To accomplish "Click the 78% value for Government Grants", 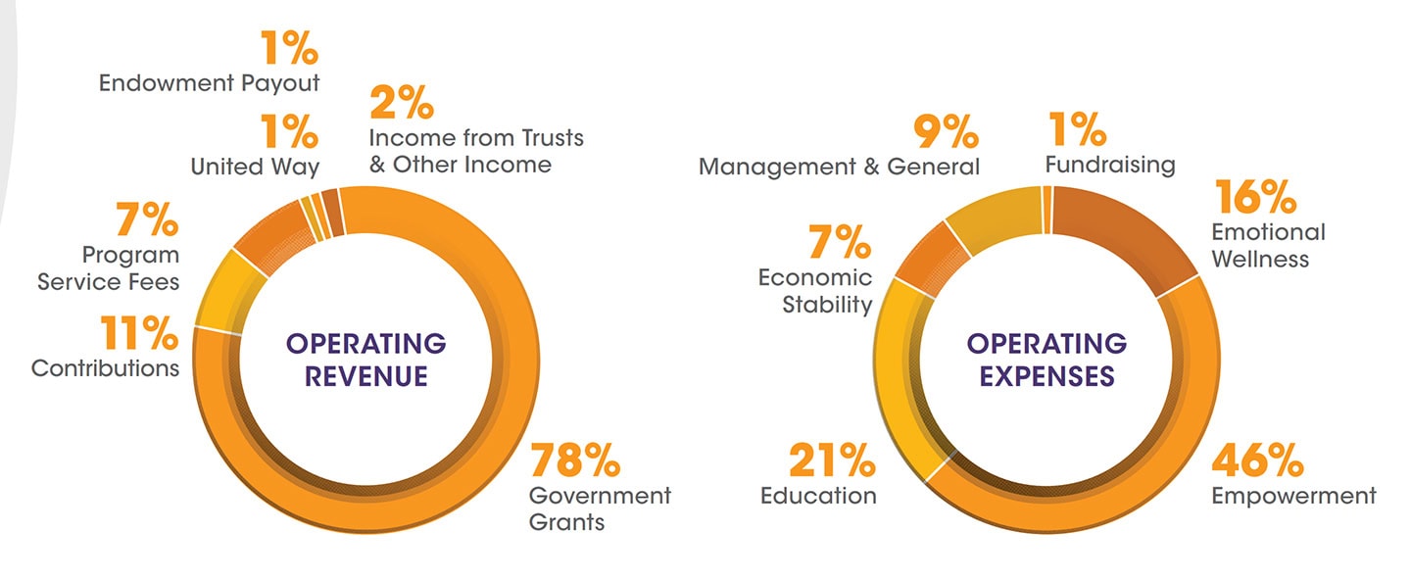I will pos(575,459).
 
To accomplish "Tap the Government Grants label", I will pos(600,508).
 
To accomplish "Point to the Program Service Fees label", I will pos(109,268).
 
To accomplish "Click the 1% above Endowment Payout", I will pos(288,48).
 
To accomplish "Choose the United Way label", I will pos(255,167).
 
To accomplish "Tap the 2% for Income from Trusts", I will pos(399,103).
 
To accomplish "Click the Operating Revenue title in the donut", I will pos(365,360).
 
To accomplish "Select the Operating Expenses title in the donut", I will pos(1046,360).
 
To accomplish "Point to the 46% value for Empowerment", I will pos(1256,459).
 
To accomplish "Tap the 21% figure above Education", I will pos(832,459).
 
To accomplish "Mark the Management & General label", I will pos(839,167).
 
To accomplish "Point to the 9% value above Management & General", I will pos(945,131).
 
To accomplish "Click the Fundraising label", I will pos(1109,164).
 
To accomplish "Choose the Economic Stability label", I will pos(815,291).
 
